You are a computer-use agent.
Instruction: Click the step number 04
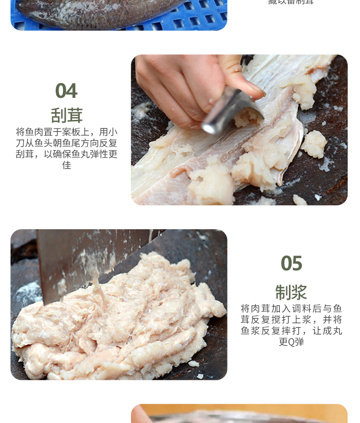(x=66, y=91)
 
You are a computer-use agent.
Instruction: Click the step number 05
(x=291, y=263)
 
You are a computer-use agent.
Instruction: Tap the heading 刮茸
(x=67, y=116)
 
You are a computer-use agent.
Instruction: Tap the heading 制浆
(x=291, y=292)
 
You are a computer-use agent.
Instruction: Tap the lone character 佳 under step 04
(x=67, y=165)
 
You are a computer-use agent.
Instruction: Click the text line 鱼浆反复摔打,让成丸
(x=291, y=331)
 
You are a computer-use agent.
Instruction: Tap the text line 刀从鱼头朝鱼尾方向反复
(x=67, y=143)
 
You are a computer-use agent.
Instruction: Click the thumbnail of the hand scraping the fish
(x=239, y=129)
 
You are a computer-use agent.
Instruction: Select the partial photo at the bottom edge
(x=239, y=413)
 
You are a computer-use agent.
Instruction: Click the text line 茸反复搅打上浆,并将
(x=291, y=320)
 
